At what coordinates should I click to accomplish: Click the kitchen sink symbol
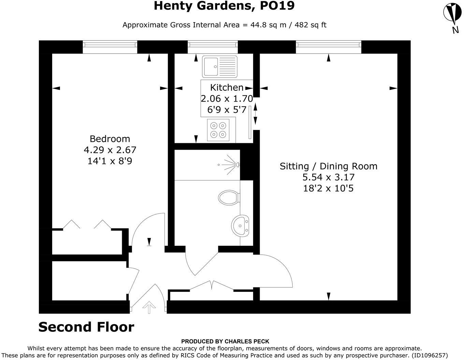tap(220, 66)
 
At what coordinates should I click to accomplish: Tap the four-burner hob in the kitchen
tap(218, 130)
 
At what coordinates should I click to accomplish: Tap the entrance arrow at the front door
tap(149, 307)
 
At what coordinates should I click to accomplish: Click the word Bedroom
tap(110, 139)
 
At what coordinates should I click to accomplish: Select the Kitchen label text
tap(227, 87)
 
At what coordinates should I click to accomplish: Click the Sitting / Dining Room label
tap(329, 166)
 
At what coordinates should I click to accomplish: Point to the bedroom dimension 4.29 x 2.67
tap(110, 150)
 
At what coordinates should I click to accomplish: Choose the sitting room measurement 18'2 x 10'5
tap(328, 188)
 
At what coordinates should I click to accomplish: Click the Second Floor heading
tap(86, 327)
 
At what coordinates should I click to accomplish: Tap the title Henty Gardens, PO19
tap(224, 6)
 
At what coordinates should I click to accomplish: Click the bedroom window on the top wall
tap(110, 46)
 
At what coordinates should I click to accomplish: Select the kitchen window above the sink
tap(213, 46)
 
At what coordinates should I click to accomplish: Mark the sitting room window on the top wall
tap(328, 46)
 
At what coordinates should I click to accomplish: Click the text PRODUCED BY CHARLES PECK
tap(225, 341)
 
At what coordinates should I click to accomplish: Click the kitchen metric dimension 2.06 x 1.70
tap(227, 99)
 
